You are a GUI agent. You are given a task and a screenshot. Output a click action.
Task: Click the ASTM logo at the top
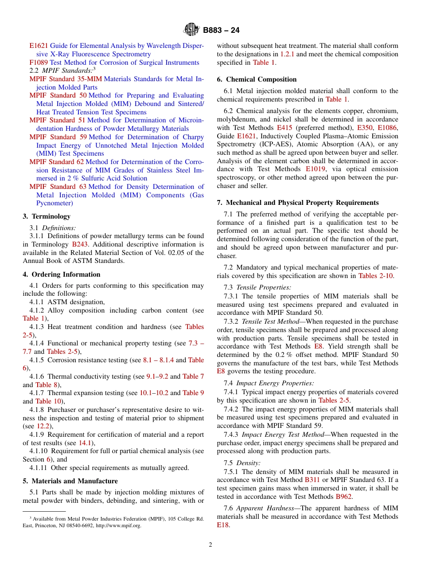(191, 30)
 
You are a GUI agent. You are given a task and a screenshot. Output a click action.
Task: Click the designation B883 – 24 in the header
(221, 31)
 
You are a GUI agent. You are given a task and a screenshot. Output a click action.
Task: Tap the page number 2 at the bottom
(210, 544)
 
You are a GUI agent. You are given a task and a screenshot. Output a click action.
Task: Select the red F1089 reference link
(39, 63)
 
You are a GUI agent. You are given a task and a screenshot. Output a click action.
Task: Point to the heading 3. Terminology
(47, 216)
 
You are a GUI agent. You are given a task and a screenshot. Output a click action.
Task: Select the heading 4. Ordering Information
(62, 274)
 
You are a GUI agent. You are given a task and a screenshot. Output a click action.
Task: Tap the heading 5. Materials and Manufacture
(70, 481)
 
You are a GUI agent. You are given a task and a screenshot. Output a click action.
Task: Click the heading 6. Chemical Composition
(257, 79)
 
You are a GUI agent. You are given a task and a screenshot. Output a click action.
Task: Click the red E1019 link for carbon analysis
(316, 169)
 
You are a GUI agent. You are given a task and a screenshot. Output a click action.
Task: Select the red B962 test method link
(344, 497)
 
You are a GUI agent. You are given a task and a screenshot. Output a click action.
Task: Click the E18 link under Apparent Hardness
(222, 525)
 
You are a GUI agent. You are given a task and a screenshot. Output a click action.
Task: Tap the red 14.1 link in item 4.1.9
(86, 443)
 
